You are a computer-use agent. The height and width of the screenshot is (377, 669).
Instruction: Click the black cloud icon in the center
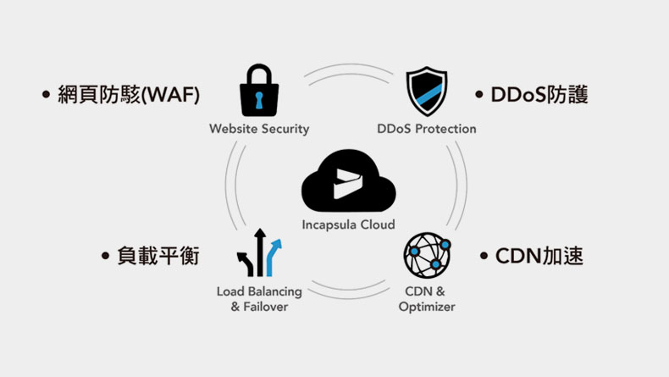coord(348,182)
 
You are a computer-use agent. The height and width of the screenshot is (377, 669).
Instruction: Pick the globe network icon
coord(426,256)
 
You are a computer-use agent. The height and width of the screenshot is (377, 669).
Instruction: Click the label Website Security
coord(259,130)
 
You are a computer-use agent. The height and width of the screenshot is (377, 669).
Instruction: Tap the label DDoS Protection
coord(427,130)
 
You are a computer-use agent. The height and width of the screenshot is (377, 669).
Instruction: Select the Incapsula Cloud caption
coord(348,225)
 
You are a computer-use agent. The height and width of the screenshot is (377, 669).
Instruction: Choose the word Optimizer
coord(427,307)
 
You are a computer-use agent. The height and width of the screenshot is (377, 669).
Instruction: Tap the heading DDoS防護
coord(539,94)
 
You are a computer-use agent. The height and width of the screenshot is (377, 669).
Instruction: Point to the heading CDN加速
coord(539,255)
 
